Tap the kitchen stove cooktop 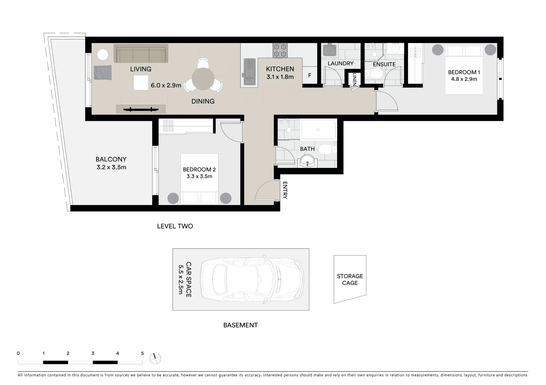(280, 51)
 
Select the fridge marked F (310, 75)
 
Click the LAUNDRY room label (340, 63)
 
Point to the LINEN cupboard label (354, 79)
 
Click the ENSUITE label (384, 65)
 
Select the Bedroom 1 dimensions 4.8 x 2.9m (464, 79)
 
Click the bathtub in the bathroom (318, 130)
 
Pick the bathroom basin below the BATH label (308, 161)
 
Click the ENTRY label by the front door (285, 190)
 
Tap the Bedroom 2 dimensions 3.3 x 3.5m (199, 177)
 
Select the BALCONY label (111, 159)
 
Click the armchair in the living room (103, 72)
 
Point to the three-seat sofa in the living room (141, 54)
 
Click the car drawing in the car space (252, 279)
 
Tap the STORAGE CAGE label (350, 280)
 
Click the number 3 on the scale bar (93, 353)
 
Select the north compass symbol (155, 359)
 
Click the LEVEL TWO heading (175, 226)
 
